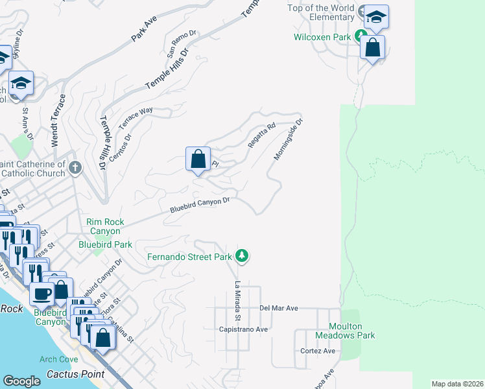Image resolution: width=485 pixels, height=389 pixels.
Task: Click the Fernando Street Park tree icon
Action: pos(242,257)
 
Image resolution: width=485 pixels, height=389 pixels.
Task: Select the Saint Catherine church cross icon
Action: pos(75,169)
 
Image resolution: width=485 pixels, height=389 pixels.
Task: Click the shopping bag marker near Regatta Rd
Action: pos(198,159)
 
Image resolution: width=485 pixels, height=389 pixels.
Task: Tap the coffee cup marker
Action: pos(42,293)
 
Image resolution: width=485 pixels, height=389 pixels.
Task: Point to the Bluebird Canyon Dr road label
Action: pos(200,206)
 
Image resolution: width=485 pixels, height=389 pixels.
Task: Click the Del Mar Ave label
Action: pos(278,308)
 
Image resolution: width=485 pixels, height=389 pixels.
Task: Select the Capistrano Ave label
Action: pos(244,329)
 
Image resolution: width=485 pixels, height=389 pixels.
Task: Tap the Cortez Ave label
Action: pos(318,351)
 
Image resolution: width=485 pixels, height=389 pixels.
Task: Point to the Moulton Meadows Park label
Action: pos(345,331)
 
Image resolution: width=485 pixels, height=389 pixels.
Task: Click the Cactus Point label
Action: pos(76,374)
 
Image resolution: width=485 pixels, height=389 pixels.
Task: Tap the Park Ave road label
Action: pos(144,30)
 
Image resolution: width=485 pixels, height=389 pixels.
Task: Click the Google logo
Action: pos(21,381)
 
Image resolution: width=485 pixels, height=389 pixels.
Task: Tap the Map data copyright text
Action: pos(457,384)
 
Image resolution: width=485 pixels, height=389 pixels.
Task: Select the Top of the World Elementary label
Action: pos(322,12)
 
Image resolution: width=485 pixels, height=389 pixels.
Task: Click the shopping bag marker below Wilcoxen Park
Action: pos(373,47)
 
